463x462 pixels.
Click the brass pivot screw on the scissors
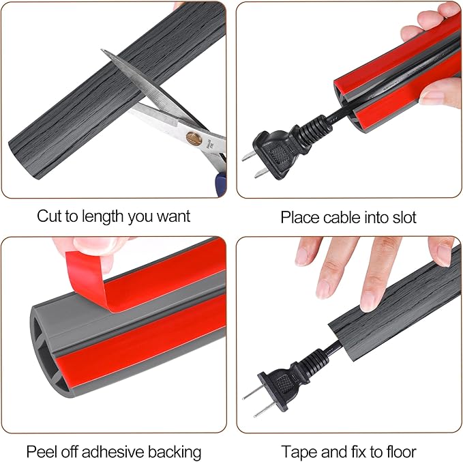[x=194, y=139]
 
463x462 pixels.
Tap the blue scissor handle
[x=221, y=184]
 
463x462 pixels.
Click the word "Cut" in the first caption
[x=50, y=216]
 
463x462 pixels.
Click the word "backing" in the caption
[x=174, y=452]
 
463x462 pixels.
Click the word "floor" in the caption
[x=401, y=452]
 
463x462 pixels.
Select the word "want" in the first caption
[x=173, y=216]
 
